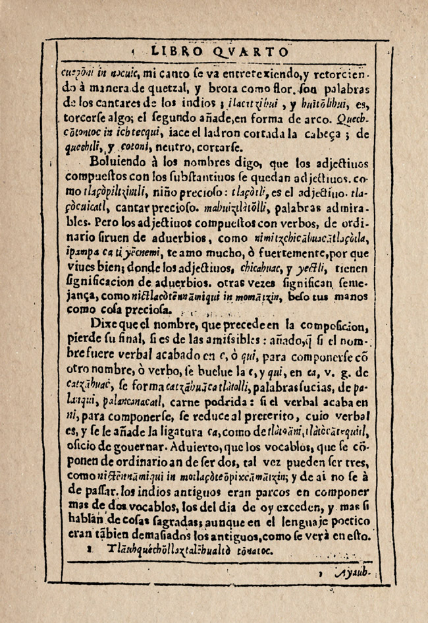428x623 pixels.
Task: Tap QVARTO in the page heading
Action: pyautogui.click(x=251, y=51)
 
